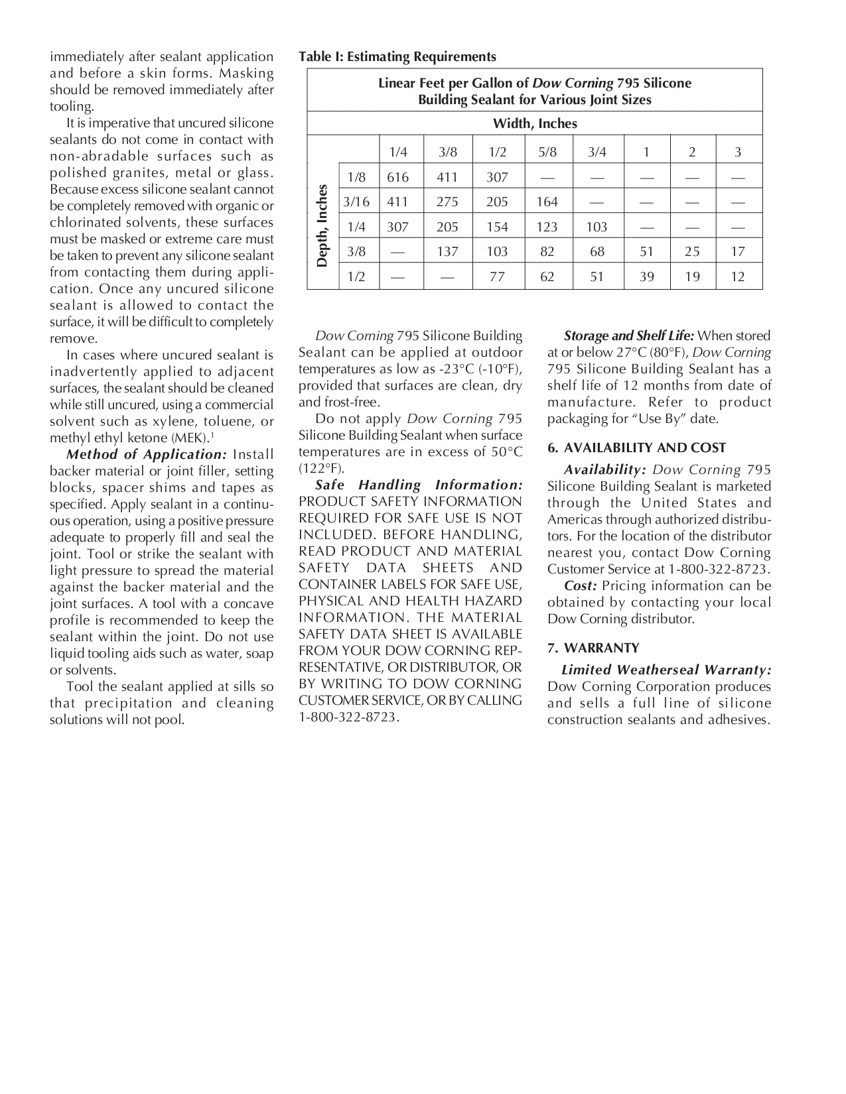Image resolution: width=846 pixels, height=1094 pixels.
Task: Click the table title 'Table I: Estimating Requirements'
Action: click(397, 57)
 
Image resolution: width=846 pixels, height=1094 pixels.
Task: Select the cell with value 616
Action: click(398, 177)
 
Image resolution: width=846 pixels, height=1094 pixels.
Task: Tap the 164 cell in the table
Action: click(547, 202)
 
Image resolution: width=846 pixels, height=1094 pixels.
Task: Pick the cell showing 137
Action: click(448, 251)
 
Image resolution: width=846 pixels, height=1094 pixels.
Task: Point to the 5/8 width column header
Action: click(547, 152)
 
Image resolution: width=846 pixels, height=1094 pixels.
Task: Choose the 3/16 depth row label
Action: click(356, 202)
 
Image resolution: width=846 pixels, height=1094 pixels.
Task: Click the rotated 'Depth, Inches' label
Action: click(322, 225)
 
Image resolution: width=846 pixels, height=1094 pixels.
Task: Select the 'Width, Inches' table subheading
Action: click(535, 123)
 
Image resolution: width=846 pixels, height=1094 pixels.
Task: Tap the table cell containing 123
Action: click(547, 227)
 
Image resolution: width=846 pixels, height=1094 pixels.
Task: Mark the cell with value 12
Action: click(738, 276)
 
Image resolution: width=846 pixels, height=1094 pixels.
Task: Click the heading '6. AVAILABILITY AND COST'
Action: click(636, 448)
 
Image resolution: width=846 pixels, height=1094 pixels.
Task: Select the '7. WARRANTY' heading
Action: click(593, 648)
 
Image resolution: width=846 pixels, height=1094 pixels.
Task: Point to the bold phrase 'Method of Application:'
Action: click(147, 455)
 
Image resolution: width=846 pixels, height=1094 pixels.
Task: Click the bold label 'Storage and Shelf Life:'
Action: click(628, 335)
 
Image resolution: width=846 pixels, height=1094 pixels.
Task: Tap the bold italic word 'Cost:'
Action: click(581, 586)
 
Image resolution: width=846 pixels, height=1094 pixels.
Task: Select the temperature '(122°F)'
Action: click(321, 469)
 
